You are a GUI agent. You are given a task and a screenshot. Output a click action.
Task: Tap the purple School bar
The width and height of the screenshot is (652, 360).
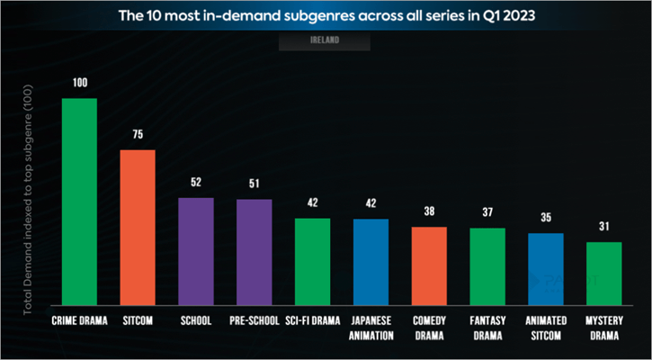point(196,251)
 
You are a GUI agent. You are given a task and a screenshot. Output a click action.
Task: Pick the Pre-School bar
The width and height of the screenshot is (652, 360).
point(255,252)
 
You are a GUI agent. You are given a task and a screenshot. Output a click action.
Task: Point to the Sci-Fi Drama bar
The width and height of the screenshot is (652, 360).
point(313,261)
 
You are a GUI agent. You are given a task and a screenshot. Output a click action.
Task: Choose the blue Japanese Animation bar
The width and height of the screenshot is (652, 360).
point(371,261)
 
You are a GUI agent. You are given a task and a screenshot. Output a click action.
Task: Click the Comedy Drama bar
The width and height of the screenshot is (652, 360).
point(429,265)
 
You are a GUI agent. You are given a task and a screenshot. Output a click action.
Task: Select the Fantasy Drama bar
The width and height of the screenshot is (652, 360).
point(487,266)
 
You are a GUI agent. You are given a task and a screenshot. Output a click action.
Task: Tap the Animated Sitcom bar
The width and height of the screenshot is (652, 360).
point(545,268)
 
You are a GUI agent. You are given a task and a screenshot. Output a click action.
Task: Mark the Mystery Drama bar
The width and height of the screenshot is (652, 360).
point(603,273)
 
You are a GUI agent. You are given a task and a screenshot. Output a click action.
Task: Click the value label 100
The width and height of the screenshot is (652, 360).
point(79,84)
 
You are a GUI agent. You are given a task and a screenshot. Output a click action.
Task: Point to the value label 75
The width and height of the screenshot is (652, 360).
point(138,135)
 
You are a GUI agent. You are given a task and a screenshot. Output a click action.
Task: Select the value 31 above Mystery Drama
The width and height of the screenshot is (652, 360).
point(603,227)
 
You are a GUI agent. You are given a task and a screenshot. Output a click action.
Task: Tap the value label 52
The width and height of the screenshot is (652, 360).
point(196,183)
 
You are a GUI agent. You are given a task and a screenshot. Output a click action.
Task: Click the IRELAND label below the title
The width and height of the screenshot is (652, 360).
point(326,40)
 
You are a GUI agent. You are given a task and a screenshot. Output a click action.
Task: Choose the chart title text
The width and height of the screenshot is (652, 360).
point(326,15)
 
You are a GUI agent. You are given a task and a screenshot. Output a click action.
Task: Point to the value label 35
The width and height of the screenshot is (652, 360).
point(545,219)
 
